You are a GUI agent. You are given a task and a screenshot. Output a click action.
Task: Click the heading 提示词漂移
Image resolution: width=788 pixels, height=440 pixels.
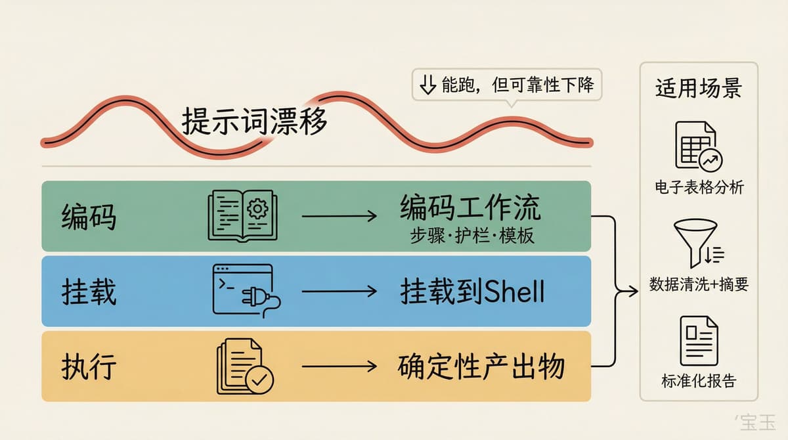pyautogui.click(x=254, y=121)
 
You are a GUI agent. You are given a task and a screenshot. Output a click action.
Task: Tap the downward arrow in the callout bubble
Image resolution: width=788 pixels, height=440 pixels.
pyautogui.click(x=428, y=85)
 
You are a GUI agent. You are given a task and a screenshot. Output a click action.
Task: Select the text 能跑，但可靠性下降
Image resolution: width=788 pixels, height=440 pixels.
pyautogui.click(x=518, y=85)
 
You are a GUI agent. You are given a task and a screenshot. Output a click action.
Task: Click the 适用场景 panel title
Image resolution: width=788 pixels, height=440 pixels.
pyautogui.click(x=699, y=88)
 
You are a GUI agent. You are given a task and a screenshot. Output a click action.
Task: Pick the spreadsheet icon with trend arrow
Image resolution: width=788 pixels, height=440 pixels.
pyautogui.click(x=699, y=146)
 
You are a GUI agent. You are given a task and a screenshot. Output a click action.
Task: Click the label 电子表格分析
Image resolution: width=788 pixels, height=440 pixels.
pyautogui.click(x=699, y=187)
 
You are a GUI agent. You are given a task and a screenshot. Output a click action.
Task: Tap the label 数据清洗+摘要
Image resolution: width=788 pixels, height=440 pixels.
pyautogui.click(x=699, y=284)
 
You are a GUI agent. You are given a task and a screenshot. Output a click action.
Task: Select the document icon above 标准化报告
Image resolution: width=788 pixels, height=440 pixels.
pyautogui.click(x=699, y=341)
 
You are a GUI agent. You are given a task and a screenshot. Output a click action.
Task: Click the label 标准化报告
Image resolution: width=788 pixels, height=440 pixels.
pyautogui.click(x=699, y=381)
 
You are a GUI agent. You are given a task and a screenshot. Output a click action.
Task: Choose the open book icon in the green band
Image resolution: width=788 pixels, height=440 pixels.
pyautogui.click(x=242, y=215)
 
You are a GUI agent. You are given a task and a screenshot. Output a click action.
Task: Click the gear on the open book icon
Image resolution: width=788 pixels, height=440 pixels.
pyautogui.click(x=257, y=209)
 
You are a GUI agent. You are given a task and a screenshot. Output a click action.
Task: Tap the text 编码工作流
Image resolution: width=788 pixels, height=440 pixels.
pyautogui.click(x=470, y=208)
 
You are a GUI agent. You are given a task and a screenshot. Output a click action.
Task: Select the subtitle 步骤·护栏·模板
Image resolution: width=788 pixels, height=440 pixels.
pyautogui.click(x=472, y=235)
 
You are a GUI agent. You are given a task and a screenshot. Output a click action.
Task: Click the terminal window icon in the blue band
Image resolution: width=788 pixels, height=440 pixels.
pyautogui.click(x=247, y=291)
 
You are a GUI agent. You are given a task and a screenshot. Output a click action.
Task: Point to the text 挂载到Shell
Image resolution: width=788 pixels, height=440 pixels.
pyautogui.click(x=472, y=292)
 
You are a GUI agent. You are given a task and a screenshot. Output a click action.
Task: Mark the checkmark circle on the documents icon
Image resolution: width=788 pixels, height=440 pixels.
pyautogui.click(x=259, y=380)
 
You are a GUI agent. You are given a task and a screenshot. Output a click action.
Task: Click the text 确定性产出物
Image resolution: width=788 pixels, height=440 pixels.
pyautogui.click(x=481, y=367)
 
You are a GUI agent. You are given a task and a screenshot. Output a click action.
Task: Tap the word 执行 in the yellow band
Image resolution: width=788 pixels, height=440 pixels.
pyautogui.click(x=89, y=367)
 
